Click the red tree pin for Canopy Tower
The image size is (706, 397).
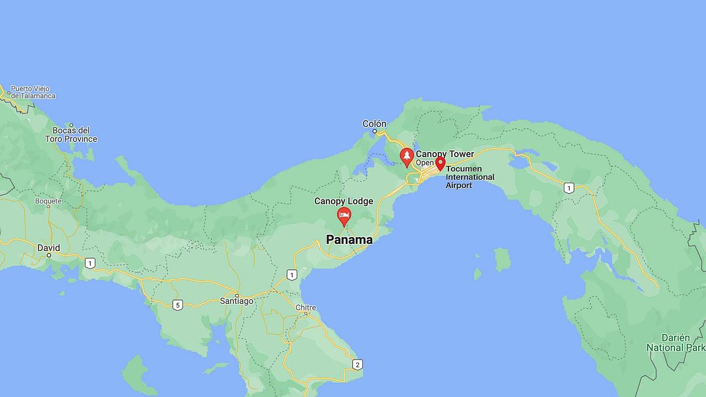[407, 157]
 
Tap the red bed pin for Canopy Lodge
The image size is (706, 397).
[344, 216]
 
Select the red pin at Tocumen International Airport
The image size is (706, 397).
[440, 163]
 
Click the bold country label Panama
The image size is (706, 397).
[349, 239]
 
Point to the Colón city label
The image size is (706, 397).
[375, 124]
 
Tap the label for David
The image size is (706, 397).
[49, 248]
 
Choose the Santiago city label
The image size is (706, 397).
[237, 301]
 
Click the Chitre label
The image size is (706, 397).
[306, 308]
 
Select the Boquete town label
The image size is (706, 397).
[48, 201]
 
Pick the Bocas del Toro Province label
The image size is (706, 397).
[71, 135]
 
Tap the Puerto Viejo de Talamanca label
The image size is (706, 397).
[33, 92]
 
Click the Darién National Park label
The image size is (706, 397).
[676, 342]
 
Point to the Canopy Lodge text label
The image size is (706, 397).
[344, 201]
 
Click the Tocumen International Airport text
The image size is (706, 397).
[470, 177]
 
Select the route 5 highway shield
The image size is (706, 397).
[177, 305]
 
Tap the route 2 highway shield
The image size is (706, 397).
[357, 364]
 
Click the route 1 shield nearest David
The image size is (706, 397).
[90, 264]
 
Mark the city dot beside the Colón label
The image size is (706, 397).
[375, 131]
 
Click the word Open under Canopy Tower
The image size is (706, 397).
[425, 163]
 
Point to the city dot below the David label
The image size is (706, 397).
[49, 255]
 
